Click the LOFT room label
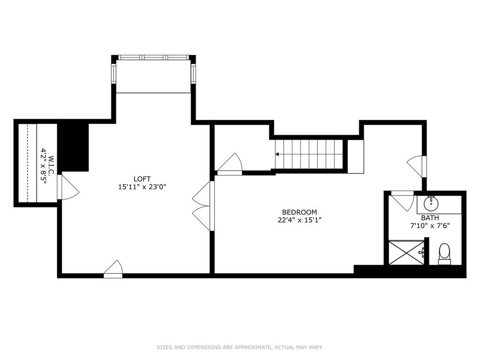(142, 179)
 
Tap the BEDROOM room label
(299, 212)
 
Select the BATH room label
(430, 218)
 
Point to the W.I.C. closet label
(51, 166)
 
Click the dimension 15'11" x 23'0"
(142, 187)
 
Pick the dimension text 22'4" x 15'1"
(299, 220)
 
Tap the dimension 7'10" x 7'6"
(430, 226)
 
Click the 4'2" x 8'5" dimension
(44, 166)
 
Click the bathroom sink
(431, 203)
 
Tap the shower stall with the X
(406, 253)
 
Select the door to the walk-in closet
(68, 187)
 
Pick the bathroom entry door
(403, 201)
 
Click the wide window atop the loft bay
(153, 57)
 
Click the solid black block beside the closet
(73, 147)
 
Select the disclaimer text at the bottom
(240, 347)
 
